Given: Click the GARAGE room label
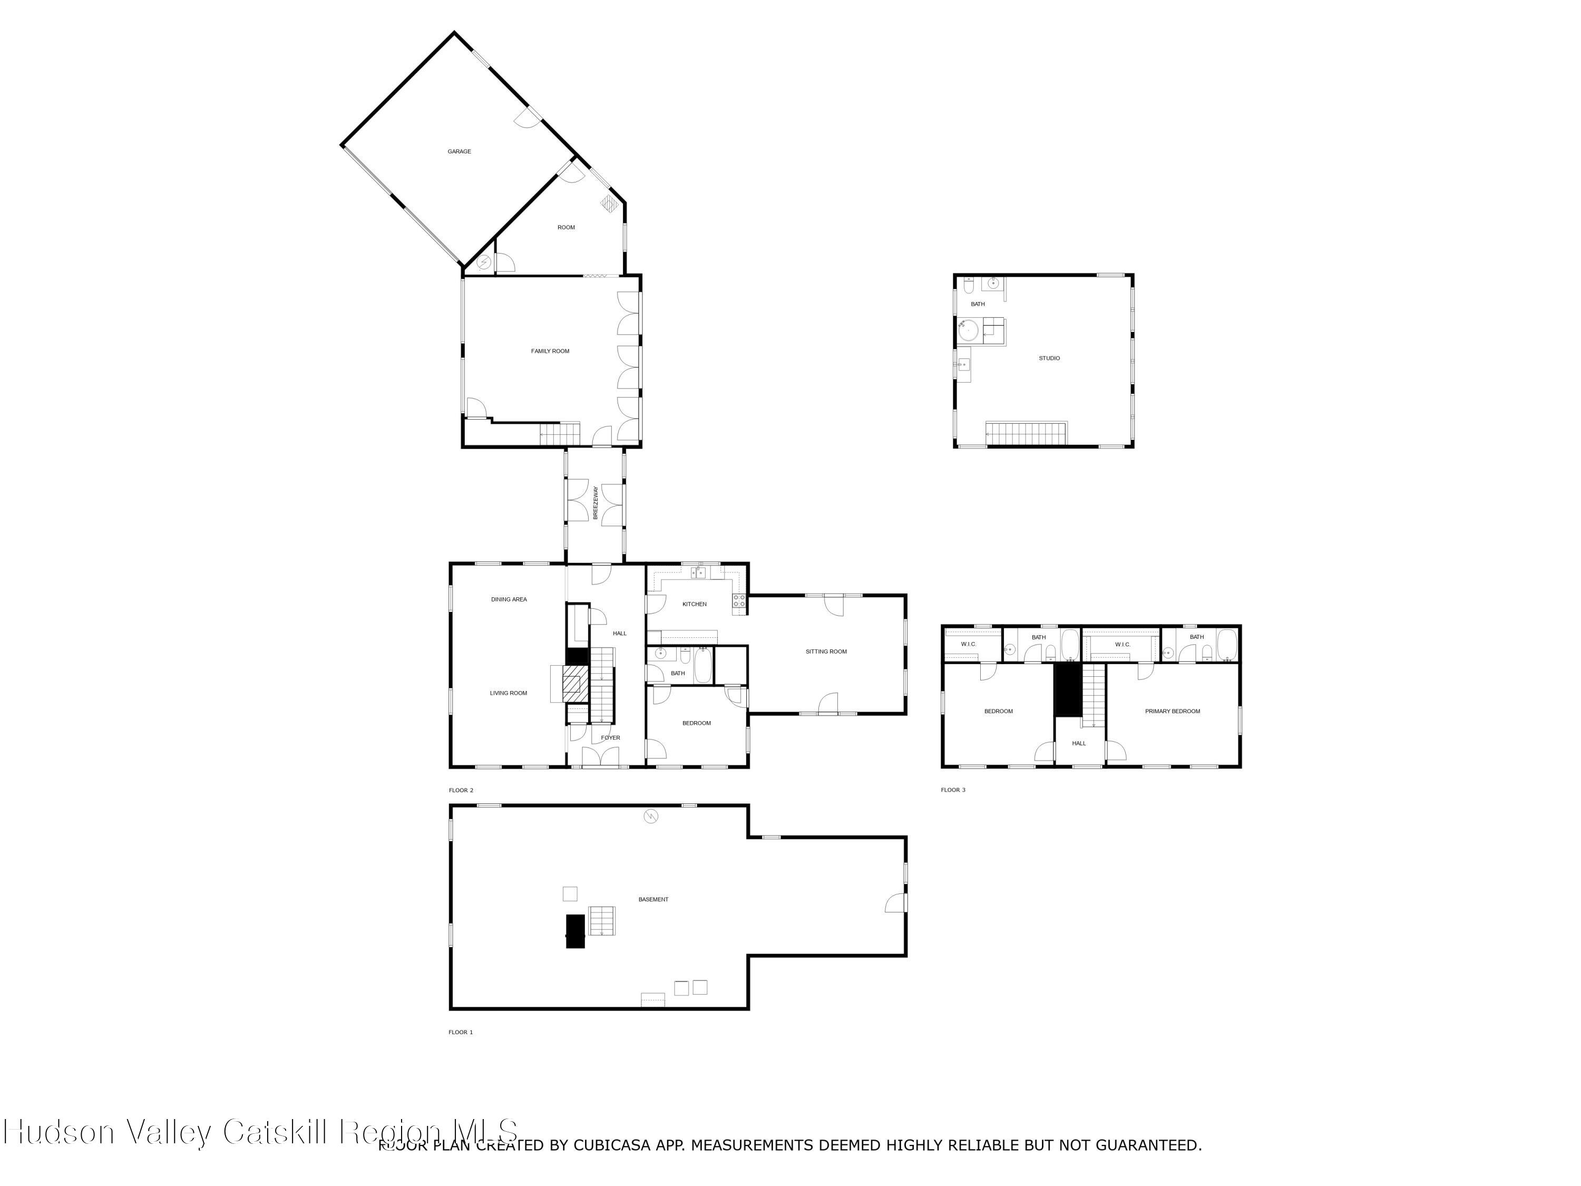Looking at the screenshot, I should [459, 152].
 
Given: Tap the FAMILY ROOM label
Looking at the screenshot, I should [550, 351].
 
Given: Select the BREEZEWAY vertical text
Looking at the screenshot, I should [596, 502].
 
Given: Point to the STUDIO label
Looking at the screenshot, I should [1049, 358].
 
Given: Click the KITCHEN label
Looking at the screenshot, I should [694, 604].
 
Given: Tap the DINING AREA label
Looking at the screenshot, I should [509, 599].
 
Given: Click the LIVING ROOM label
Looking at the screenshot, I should [508, 693].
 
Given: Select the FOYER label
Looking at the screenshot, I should [610, 738].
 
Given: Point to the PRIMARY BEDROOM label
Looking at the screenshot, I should [1172, 711].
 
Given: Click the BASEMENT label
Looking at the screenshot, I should [653, 899].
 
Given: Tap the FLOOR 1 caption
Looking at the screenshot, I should [460, 1032].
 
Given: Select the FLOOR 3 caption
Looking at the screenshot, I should [953, 790].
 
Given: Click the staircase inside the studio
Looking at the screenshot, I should [1025, 433].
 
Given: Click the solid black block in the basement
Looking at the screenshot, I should [575, 931].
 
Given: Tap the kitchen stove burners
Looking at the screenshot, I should [738, 600].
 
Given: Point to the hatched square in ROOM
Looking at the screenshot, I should [609, 204].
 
